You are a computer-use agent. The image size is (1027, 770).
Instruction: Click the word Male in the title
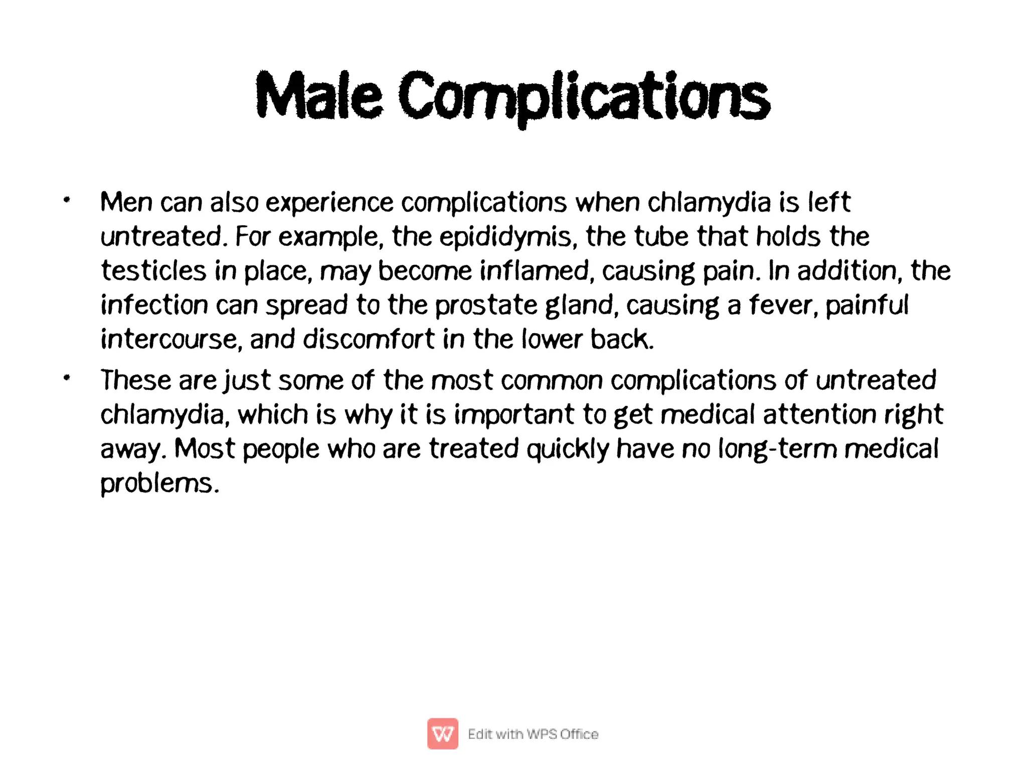[319, 96]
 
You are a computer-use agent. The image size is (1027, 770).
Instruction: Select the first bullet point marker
[67, 201]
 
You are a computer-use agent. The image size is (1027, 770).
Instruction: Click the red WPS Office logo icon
[442, 733]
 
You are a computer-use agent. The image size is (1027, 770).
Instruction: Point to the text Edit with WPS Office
[533, 734]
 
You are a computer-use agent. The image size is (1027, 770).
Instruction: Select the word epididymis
[505, 237]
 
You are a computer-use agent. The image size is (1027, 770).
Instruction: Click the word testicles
[153, 271]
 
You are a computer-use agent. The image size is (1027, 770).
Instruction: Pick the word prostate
[486, 305]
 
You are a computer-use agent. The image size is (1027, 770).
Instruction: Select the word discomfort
[368, 339]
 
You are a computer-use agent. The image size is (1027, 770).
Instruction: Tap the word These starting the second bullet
[136, 380]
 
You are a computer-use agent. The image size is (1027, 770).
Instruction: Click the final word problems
[159, 484]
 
